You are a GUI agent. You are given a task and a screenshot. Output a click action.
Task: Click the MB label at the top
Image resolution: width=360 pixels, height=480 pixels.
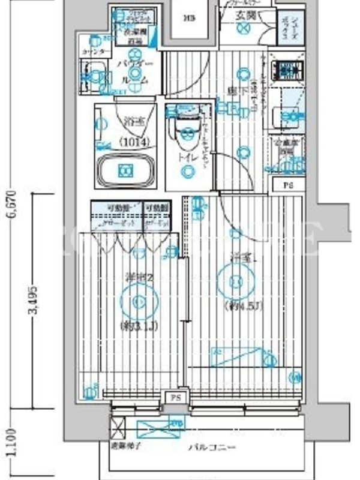tap(188, 17)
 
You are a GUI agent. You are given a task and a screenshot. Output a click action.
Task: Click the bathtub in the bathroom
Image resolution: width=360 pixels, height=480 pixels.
tap(125, 171)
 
